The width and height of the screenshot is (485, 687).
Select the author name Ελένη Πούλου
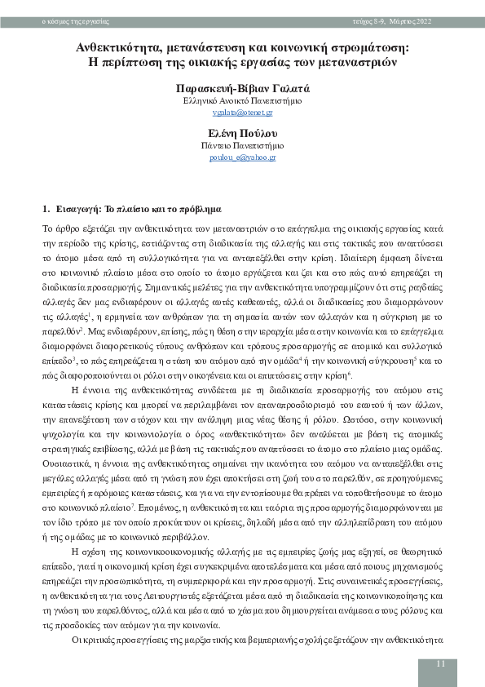coord(242,132)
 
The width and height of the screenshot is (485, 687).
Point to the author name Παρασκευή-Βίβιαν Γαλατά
coord(242,87)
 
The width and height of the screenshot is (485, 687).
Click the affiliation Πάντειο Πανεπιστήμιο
coord(242,144)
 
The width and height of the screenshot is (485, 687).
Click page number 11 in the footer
coord(440,664)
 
